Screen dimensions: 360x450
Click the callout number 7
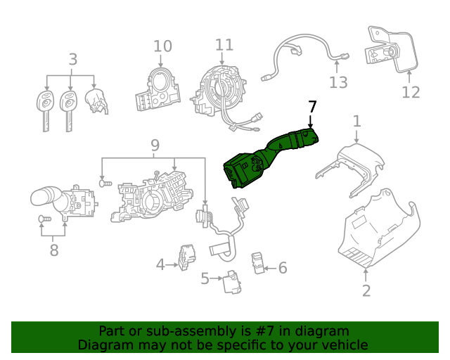point(312,107)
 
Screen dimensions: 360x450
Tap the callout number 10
point(162,46)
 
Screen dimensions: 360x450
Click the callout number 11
point(224,45)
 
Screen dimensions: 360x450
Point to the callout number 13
point(338,83)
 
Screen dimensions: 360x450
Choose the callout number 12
point(411,92)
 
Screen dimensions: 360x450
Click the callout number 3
point(73,60)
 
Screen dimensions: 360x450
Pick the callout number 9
point(155,146)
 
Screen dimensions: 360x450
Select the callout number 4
point(160,264)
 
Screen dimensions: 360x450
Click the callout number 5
point(205,279)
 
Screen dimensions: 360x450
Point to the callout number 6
point(283,267)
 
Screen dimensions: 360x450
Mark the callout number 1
point(356,121)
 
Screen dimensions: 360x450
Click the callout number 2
point(366,290)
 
